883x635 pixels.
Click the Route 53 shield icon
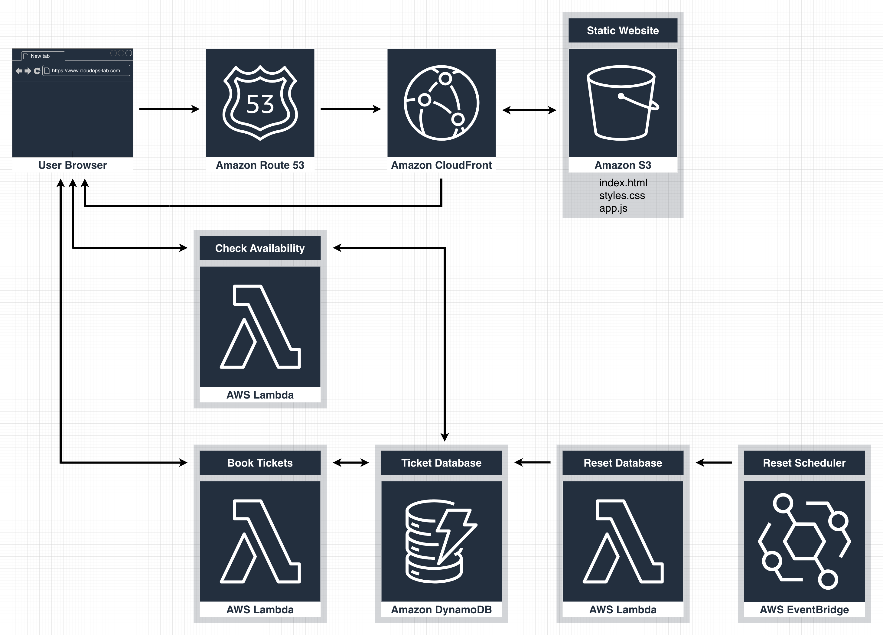(x=260, y=103)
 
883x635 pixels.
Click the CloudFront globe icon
(x=442, y=103)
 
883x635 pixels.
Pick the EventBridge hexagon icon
(x=804, y=541)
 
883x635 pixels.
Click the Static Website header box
(x=623, y=30)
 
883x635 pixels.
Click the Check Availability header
(x=260, y=248)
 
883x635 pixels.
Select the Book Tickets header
(x=260, y=463)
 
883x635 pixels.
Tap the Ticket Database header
(x=441, y=463)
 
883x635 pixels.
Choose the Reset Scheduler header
(x=804, y=463)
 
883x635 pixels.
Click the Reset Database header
(x=623, y=463)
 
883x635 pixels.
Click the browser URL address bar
(x=86, y=70)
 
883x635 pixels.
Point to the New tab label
(x=40, y=56)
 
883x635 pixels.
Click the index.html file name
(x=623, y=183)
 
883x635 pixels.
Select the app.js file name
(x=613, y=208)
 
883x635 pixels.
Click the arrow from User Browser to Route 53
(x=169, y=109)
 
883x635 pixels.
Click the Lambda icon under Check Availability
(x=260, y=326)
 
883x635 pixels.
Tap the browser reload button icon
(x=37, y=71)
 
